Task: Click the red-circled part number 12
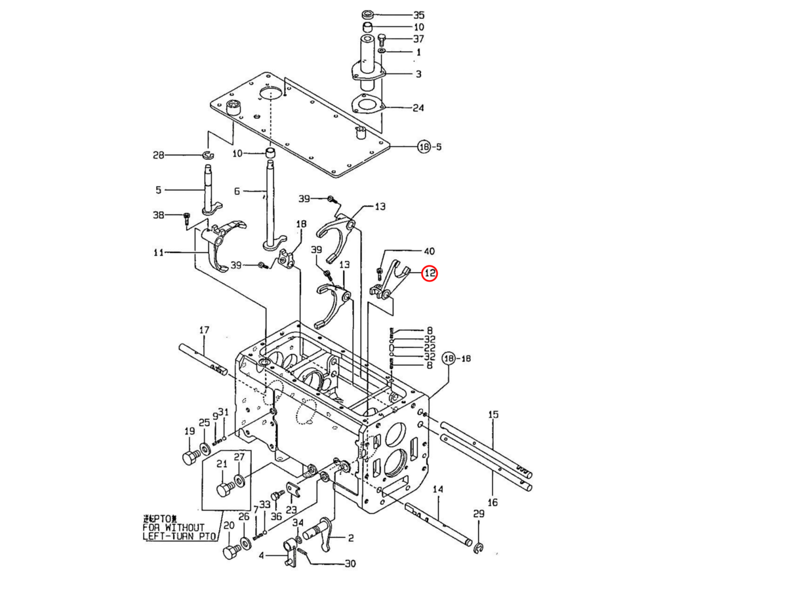pos(429,273)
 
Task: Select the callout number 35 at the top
pos(418,14)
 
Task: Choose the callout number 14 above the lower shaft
pos(438,489)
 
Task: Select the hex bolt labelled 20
pos(231,551)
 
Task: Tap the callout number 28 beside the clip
pos(158,155)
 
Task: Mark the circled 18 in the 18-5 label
pos(424,147)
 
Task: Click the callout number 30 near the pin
pos(350,564)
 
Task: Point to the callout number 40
pos(429,251)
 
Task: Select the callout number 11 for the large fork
pos(158,252)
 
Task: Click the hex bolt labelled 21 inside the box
pos(224,489)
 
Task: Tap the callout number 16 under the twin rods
pos(493,502)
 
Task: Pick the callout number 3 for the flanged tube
pos(418,74)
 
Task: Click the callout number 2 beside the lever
pos(351,538)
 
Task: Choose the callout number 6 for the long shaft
pos(237,191)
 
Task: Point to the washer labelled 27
pos(239,481)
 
